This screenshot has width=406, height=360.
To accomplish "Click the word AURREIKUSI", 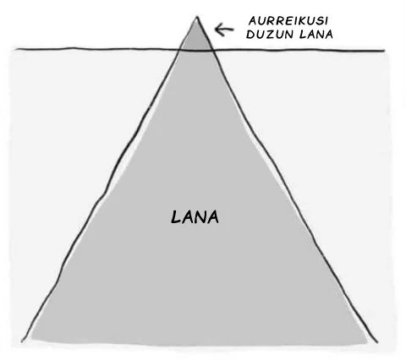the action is [288, 21].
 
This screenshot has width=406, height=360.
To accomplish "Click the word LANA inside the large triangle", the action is [195, 217].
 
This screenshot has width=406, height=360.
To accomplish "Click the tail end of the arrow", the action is [233, 29].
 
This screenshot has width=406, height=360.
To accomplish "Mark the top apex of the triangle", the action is [197, 17].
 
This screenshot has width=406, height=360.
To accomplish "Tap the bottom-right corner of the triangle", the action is [376, 342].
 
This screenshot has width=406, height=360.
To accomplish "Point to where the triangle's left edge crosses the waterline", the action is [179, 50].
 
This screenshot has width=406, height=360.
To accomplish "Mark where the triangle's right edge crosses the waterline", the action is [213, 51].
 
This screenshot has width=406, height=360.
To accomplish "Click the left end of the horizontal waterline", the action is [16, 49].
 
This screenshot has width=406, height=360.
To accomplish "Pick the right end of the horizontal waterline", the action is [385, 51].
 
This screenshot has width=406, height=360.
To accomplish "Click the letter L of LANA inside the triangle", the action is [176, 217].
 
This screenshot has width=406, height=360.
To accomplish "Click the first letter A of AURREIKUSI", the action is [253, 21].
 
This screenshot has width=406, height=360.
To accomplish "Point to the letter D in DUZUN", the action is [250, 35].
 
